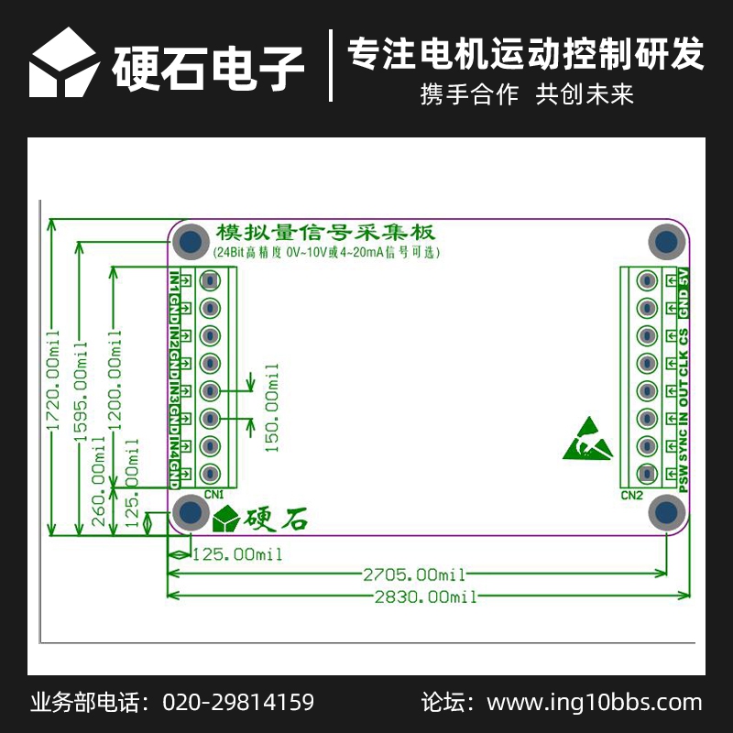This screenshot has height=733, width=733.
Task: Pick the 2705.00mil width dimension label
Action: point(414,574)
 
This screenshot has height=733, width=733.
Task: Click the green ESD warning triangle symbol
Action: point(586,440)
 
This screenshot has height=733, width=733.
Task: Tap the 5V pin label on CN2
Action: point(683,276)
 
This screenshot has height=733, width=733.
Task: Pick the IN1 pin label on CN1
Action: point(174,281)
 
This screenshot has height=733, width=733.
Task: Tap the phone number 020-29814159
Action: point(238,703)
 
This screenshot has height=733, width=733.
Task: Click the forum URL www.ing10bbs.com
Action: point(594,703)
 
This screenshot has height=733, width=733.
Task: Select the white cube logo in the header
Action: point(63,62)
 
